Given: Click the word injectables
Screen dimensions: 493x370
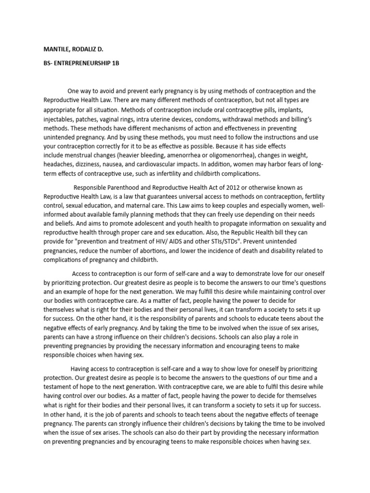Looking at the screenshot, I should tap(60, 117).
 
